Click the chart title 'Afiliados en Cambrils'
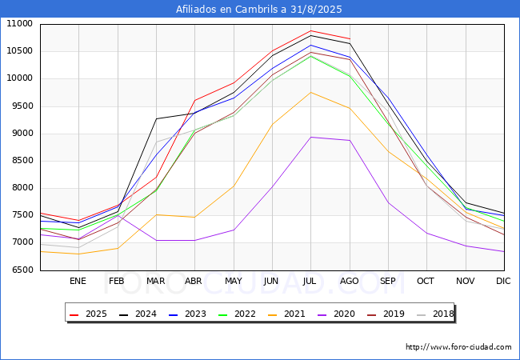(259, 10)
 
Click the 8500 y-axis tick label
(20, 161)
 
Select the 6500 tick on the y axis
(20, 270)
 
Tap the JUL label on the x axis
(310, 281)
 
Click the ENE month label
(78, 281)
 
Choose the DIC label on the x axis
(503, 281)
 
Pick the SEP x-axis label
(388, 281)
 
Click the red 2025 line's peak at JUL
(310, 31)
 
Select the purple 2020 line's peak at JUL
(310, 137)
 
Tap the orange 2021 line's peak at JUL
(310, 92)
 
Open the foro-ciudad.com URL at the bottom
(458, 347)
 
